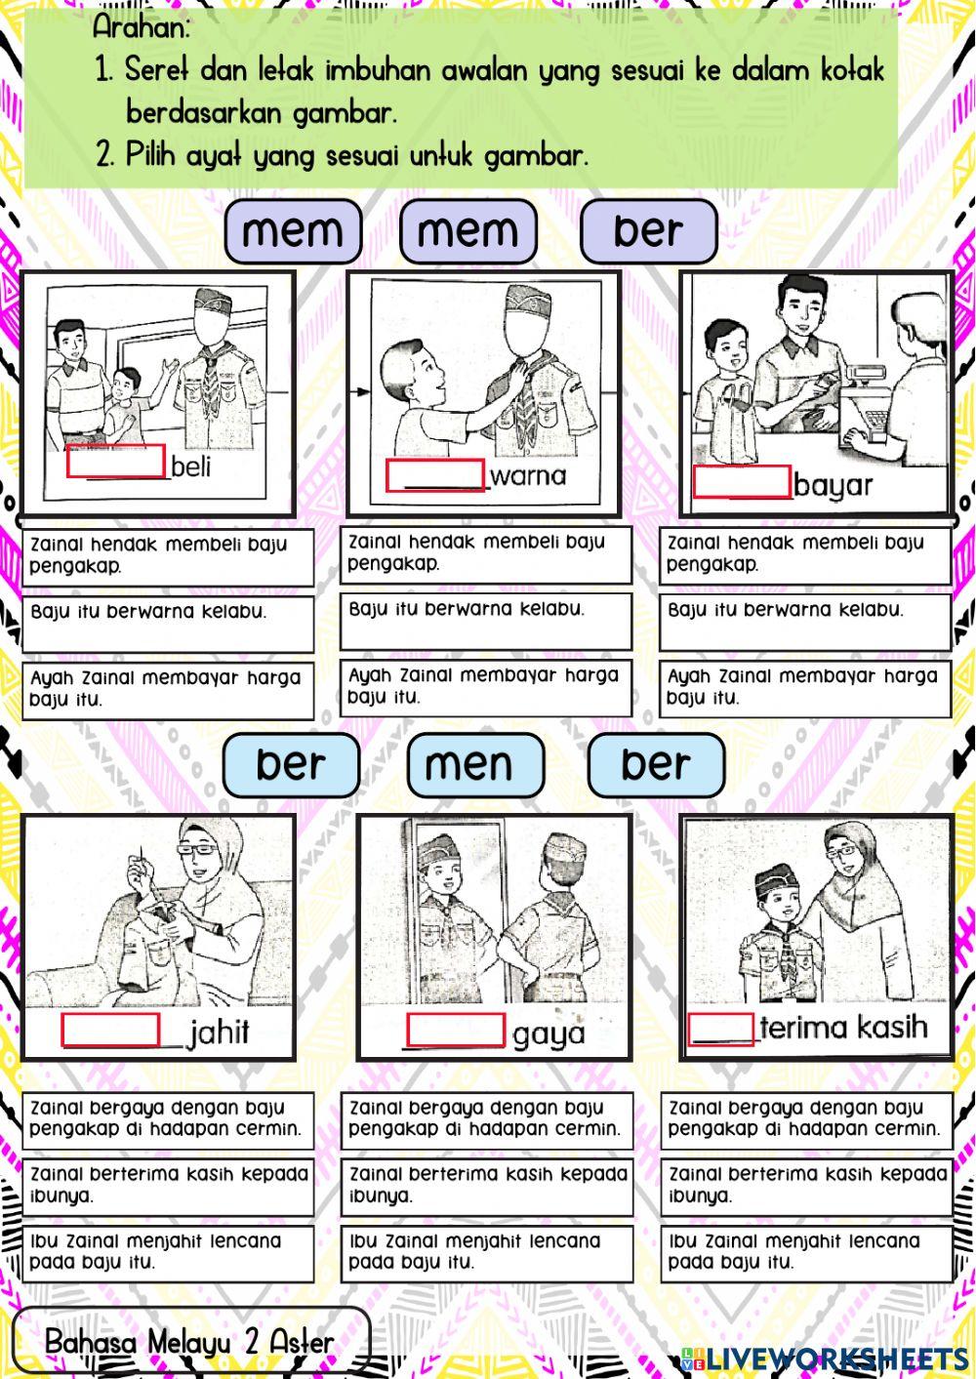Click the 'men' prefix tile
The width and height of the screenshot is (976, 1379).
[475, 764]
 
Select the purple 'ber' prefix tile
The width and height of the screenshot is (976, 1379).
[648, 231]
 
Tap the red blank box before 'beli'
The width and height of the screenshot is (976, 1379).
[115, 463]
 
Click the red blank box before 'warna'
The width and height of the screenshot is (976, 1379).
[435, 475]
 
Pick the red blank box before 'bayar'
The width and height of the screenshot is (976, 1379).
[741, 482]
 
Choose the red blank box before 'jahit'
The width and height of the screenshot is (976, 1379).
[110, 1030]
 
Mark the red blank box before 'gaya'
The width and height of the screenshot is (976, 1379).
[455, 1031]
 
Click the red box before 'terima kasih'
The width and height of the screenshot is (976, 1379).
[720, 1029]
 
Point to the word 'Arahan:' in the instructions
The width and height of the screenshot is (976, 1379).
[141, 28]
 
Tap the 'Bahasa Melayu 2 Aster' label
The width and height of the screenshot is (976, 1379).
[189, 1343]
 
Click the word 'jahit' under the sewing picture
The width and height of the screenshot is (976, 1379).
[220, 1032]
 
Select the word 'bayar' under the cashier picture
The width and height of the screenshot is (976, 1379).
[833, 484]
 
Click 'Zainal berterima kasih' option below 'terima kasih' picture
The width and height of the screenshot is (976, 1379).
[805, 1185]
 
